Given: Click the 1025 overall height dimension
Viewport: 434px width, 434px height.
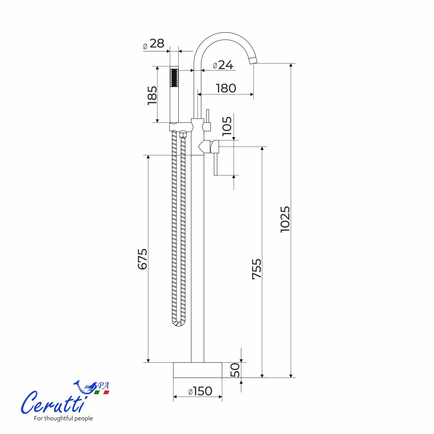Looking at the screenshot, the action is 285,219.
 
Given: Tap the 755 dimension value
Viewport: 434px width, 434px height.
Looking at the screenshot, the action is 256,269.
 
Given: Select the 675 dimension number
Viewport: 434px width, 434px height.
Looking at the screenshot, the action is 142,259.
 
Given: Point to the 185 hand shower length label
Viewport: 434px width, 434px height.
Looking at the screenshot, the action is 152,95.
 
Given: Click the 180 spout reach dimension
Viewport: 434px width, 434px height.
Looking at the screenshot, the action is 226,88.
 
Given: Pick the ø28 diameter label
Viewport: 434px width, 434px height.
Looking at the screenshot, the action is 154,43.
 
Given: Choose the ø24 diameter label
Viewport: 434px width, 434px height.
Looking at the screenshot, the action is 223,65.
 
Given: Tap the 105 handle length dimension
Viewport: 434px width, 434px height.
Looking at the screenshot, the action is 227,126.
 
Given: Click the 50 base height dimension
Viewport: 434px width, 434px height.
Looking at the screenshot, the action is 235,370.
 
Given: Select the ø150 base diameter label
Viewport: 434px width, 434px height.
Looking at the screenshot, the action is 200,391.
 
